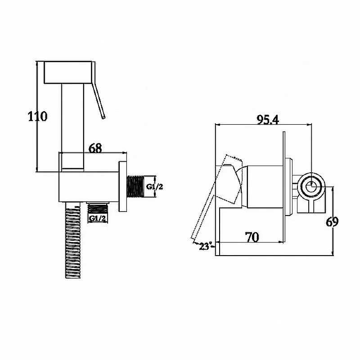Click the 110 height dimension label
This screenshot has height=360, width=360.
(x=38, y=116)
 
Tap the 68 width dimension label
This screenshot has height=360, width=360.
(x=95, y=148)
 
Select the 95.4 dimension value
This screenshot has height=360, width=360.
(x=268, y=119)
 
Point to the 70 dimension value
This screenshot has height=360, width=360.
(x=252, y=237)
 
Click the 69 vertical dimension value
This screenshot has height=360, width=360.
(x=332, y=222)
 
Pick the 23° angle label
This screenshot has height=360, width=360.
(x=206, y=246)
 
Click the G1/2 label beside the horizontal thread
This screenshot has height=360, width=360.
(x=154, y=187)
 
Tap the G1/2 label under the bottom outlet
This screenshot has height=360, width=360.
(x=97, y=219)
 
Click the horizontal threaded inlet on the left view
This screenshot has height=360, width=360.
(x=135, y=186)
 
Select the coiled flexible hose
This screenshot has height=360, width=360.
(x=73, y=240)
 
